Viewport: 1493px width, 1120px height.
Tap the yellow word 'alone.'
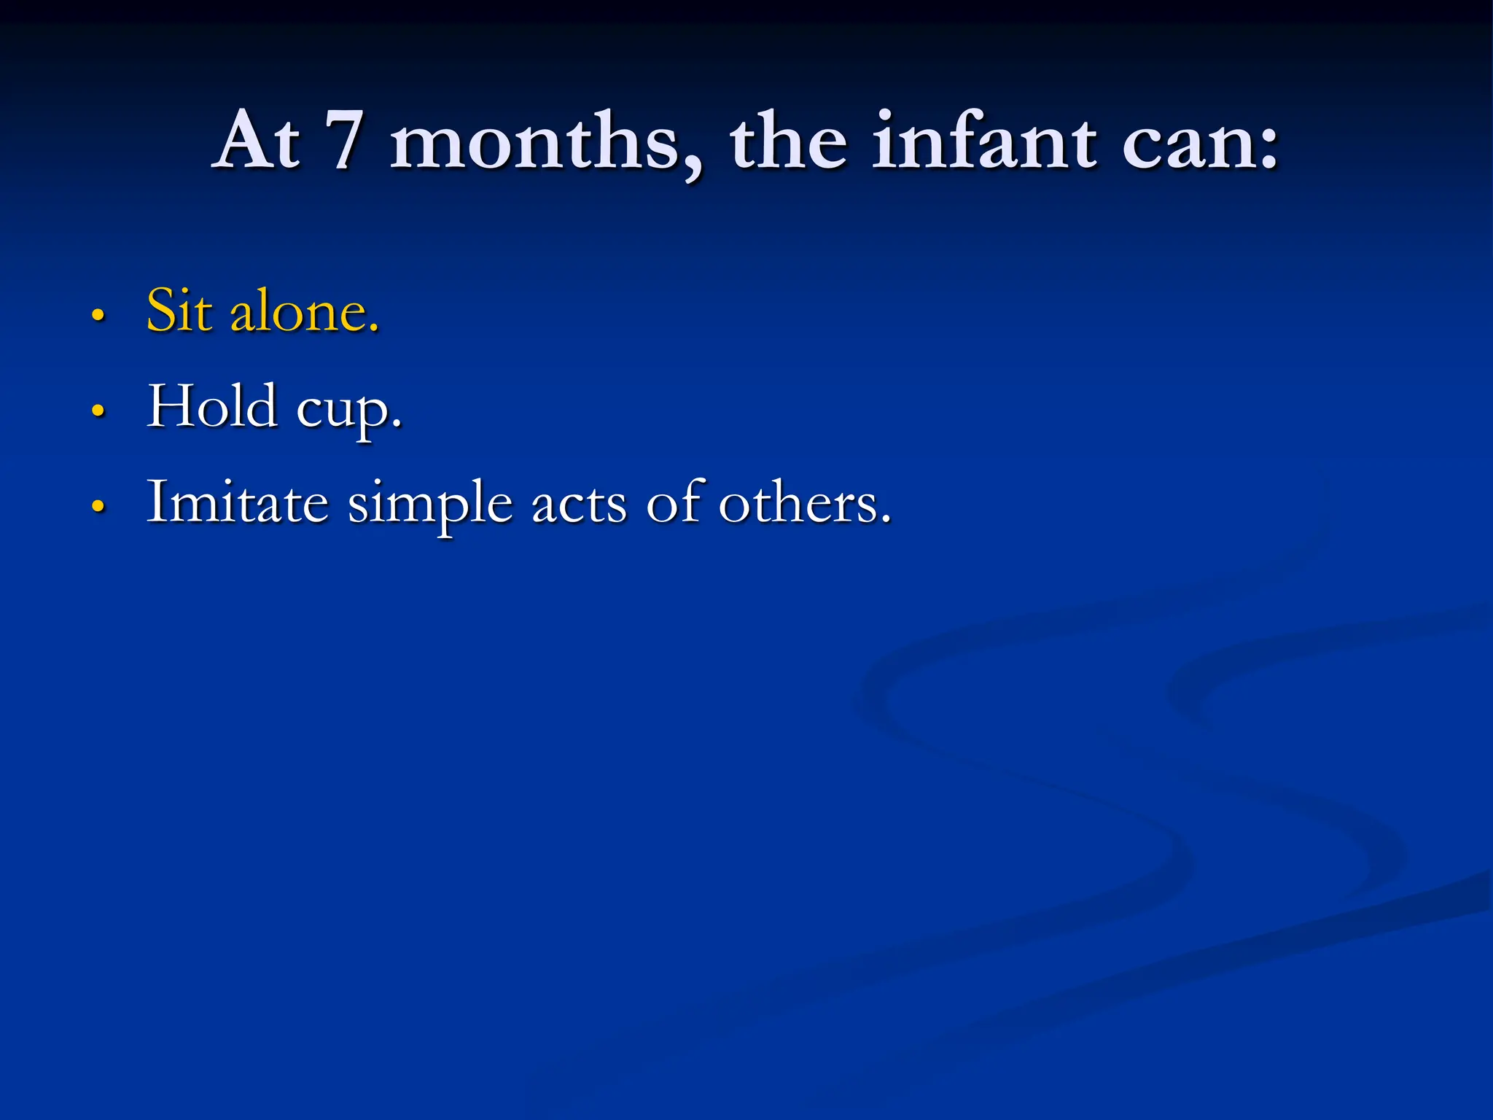305,312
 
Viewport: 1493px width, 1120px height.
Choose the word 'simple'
430,505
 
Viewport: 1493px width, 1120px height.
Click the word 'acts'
580,503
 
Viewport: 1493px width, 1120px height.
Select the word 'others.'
805,503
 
